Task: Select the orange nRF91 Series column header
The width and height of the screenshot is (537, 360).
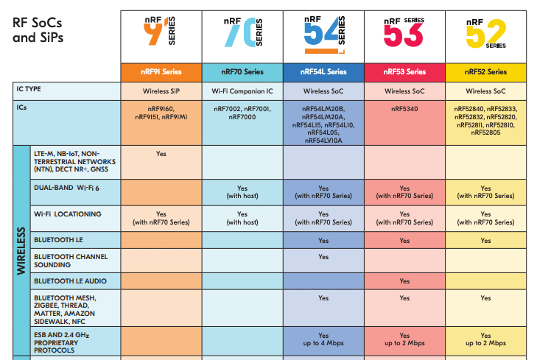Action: tap(161, 72)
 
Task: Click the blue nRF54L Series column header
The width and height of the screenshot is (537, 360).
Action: tap(323, 72)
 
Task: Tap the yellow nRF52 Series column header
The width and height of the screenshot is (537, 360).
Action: tap(485, 72)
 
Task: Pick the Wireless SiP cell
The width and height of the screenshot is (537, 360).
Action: tap(161, 91)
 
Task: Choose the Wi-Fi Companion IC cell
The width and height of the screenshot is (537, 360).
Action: tap(242, 91)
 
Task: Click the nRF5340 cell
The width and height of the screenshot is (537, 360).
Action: tap(404, 108)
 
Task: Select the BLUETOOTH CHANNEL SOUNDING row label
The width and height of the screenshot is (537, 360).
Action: tap(71, 260)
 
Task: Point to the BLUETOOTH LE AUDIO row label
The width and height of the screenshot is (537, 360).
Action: tap(70, 281)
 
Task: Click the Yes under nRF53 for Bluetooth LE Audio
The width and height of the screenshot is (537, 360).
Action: tap(404, 281)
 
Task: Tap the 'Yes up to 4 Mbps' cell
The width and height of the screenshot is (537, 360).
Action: tap(323, 339)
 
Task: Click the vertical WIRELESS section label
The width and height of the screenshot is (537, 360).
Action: tap(21, 250)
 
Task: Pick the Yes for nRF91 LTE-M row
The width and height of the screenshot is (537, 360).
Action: tap(161, 154)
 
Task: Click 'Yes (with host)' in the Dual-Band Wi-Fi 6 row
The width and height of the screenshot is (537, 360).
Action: tap(242, 192)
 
